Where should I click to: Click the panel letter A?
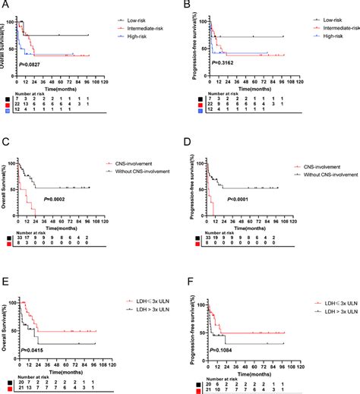(x=5, y=5)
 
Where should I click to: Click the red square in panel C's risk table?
(x=5, y=240)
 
